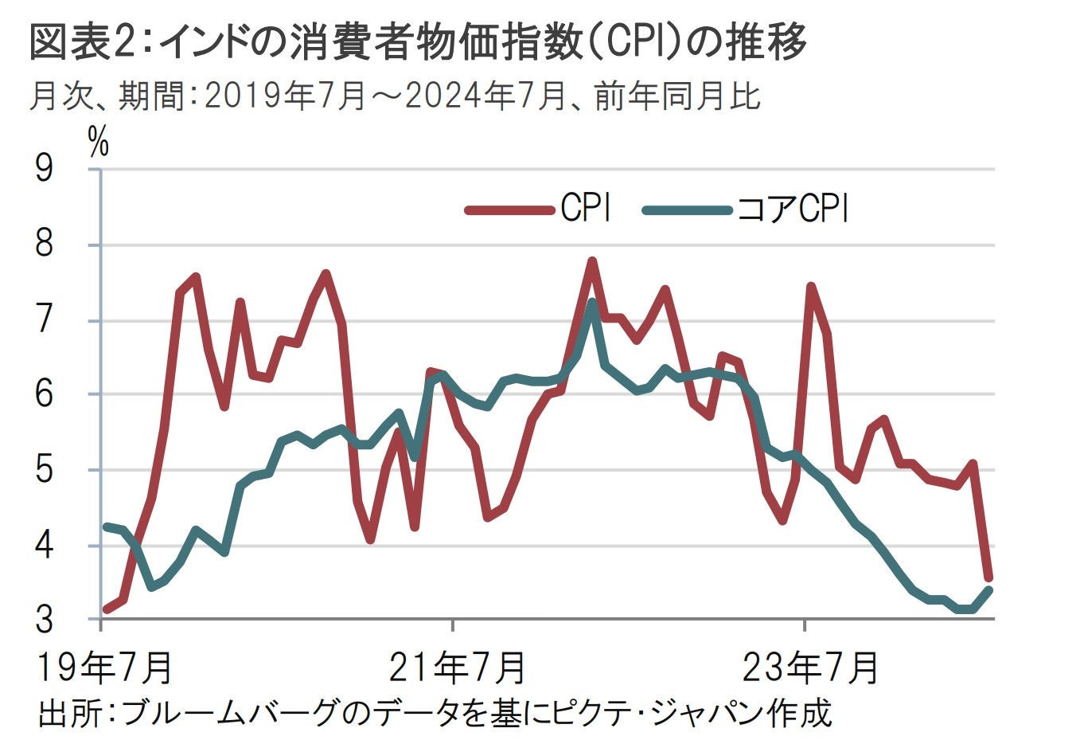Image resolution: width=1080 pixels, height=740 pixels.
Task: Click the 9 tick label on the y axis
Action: [x=45, y=170]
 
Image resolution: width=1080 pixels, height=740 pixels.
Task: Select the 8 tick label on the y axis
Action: [x=45, y=245]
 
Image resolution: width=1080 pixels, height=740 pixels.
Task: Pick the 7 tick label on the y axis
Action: [x=45, y=320]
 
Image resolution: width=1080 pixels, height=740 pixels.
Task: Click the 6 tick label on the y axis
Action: [x=45, y=394]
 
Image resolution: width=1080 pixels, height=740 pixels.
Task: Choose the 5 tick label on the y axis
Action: [x=45, y=470]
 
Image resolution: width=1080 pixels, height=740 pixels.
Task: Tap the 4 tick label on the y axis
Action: [x=45, y=546]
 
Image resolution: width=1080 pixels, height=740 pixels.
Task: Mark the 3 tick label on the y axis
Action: [x=45, y=619]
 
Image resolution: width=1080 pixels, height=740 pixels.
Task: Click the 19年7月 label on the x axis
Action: [x=104, y=668]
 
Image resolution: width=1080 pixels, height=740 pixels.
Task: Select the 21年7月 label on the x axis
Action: [x=457, y=668]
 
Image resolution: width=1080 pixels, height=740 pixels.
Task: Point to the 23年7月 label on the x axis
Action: [x=810, y=668]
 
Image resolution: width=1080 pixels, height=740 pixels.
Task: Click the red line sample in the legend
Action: [x=509, y=210]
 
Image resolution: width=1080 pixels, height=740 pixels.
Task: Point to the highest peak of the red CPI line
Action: [x=592, y=260]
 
